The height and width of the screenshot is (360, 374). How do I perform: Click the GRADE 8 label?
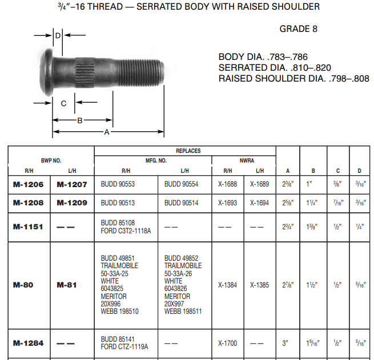[298, 29]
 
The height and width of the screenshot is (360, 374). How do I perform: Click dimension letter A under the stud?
[106, 132]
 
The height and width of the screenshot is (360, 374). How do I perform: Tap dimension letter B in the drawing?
[80, 120]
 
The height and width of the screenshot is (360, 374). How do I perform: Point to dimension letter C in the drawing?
[63, 103]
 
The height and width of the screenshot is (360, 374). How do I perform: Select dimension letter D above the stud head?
[58, 35]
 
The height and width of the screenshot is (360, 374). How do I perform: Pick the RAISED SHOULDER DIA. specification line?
[293, 78]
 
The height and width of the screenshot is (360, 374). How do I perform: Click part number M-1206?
[29, 185]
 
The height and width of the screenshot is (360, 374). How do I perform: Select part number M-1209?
[71, 203]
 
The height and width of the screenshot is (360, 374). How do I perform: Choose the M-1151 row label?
[29, 226]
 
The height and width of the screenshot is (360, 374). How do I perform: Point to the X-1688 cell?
[227, 185]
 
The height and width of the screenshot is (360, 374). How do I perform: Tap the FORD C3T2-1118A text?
[126, 230]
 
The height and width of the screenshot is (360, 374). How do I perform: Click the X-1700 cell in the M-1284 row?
[227, 343]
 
